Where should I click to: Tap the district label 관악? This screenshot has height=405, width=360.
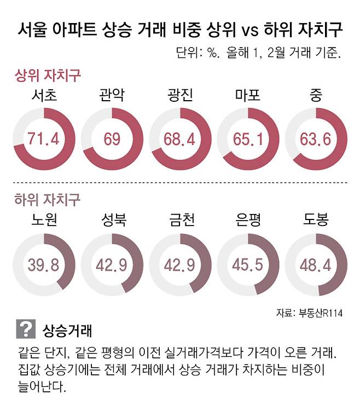tap(112, 96)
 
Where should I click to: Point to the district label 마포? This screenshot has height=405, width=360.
tap(248, 96)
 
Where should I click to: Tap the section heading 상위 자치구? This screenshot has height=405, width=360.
tap(48, 74)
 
